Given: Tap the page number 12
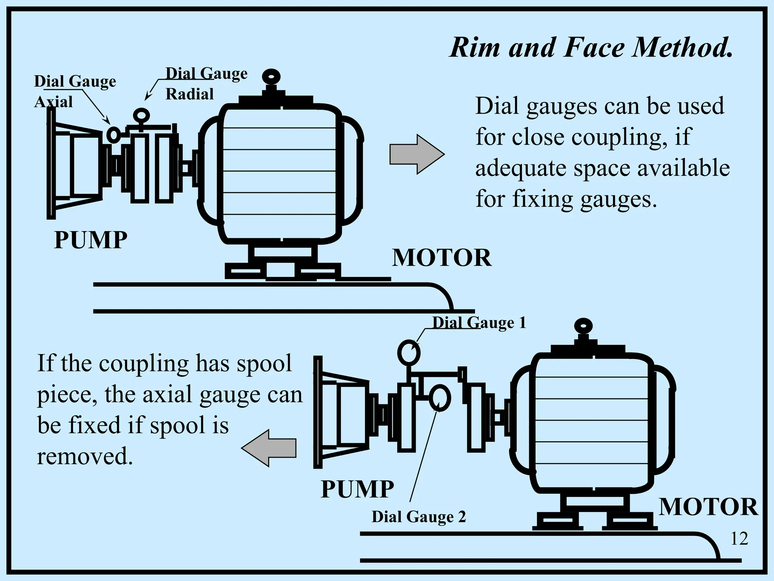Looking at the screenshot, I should point(739,538).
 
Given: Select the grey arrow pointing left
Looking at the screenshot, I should point(269,448).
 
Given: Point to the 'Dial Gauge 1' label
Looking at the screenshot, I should point(479,323).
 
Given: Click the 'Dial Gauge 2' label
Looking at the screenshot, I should point(419,517).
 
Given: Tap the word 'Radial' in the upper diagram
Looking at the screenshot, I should point(190,94).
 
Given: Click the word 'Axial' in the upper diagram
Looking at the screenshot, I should point(53,102).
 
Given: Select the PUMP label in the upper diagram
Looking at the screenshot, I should point(91,240).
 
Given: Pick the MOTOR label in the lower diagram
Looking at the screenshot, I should point(708,507).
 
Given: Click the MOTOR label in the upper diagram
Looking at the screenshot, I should point(441,258).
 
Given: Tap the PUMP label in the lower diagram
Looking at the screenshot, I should point(357,489).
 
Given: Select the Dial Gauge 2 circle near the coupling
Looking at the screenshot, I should point(440,398).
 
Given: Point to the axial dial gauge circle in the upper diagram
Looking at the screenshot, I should point(113,134).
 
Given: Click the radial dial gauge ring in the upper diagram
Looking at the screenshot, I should point(142,115).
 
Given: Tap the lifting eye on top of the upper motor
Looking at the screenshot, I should point(271,77).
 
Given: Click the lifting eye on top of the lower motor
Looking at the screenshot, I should point(583,326).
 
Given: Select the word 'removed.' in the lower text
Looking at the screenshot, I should point(85,456).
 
